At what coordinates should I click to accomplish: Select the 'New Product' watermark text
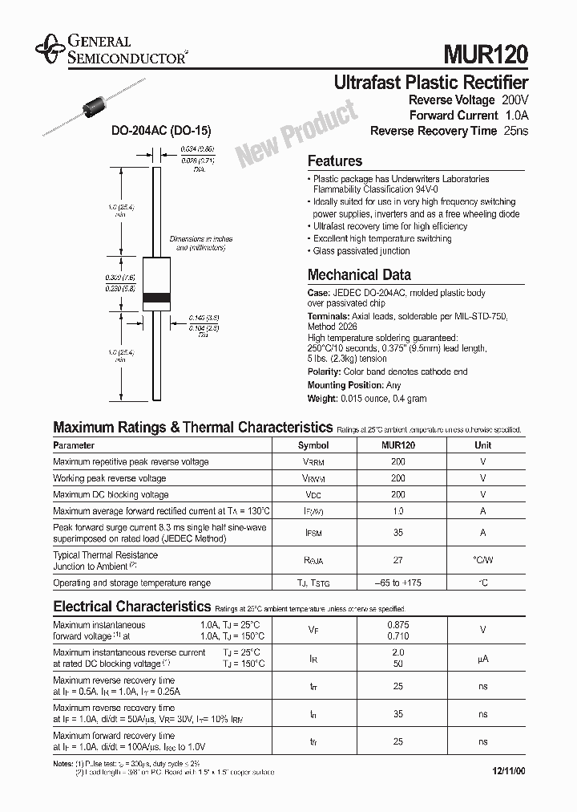pyautogui.click(x=296, y=133)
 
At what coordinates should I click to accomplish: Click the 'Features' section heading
pyautogui.click(x=335, y=160)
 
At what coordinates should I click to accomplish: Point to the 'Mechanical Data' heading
pyautogui.click(x=359, y=274)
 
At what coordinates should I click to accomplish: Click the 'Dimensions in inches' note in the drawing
pyautogui.click(x=200, y=239)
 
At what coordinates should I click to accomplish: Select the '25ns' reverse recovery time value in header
pyautogui.click(x=516, y=131)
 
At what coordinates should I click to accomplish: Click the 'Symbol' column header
pyautogui.click(x=313, y=445)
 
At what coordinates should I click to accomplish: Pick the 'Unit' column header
pyautogui.click(x=483, y=445)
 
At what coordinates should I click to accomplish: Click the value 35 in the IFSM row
pyautogui.click(x=397, y=533)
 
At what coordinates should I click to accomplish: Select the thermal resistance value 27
pyautogui.click(x=397, y=561)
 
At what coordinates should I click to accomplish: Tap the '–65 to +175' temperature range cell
pyautogui.click(x=397, y=583)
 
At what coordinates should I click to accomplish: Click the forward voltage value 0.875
pyautogui.click(x=397, y=624)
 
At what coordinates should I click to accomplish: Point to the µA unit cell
pyautogui.click(x=483, y=659)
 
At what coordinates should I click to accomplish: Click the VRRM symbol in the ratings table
pyautogui.click(x=313, y=462)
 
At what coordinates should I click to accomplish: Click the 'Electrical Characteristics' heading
pyautogui.click(x=131, y=607)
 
